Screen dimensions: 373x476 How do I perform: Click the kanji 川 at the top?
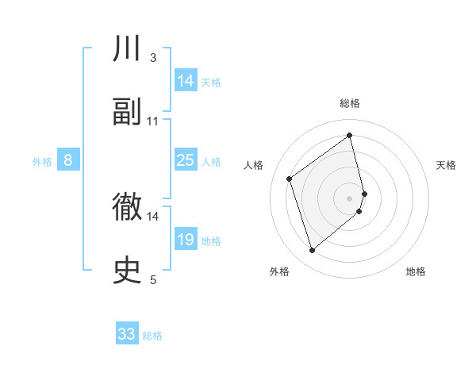pyautogui.click(x=128, y=49)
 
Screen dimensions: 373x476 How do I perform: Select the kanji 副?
pyautogui.click(x=128, y=112)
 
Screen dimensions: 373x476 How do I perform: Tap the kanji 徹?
pyautogui.click(x=128, y=207)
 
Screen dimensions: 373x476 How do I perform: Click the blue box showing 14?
pyautogui.click(x=186, y=81)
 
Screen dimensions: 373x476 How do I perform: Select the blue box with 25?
pyautogui.click(x=186, y=160)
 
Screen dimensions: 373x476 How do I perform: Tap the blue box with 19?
pyautogui.click(x=186, y=240)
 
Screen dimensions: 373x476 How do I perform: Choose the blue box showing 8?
pyautogui.click(x=68, y=160)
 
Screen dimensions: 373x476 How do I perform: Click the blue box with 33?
pyautogui.click(x=127, y=334)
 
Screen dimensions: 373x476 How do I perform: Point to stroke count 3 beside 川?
pyautogui.click(x=153, y=57)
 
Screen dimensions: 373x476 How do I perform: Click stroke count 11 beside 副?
pyautogui.click(x=153, y=121)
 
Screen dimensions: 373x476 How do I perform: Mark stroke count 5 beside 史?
pyautogui.click(x=153, y=279)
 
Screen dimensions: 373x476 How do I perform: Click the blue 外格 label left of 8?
pyautogui.click(x=42, y=162)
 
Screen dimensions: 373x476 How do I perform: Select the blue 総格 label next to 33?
pyautogui.click(x=152, y=336)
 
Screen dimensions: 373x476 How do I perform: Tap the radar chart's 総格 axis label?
pyautogui.click(x=350, y=103)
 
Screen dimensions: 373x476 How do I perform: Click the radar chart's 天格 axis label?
pyautogui.click(x=447, y=165)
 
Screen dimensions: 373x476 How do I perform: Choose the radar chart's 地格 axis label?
pyautogui.click(x=416, y=271)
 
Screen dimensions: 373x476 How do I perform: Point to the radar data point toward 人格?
pyautogui.click(x=290, y=179)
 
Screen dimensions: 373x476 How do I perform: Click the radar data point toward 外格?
pyautogui.click(x=313, y=251)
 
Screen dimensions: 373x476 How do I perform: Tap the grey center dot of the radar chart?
pyautogui.click(x=350, y=198)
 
